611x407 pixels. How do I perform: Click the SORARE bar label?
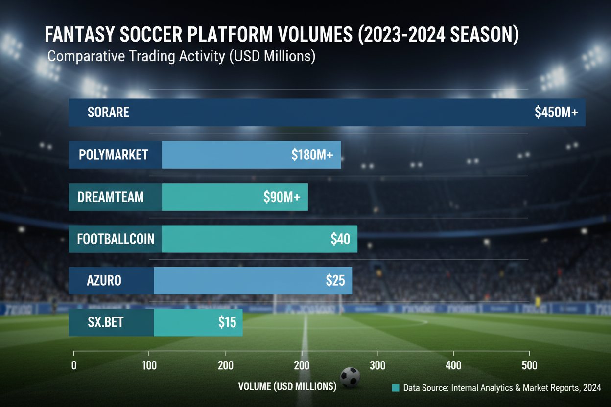tap(108, 113)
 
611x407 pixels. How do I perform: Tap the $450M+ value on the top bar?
tap(556, 113)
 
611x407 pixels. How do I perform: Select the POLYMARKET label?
tap(114, 155)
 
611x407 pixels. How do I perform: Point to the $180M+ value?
tap(312, 155)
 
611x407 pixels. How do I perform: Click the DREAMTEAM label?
tap(111, 197)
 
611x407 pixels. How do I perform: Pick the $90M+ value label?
tap(282, 197)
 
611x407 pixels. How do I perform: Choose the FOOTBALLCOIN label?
tap(116, 239)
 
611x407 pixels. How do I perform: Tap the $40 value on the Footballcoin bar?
tap(340, 239)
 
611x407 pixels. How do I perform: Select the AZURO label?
tap(104, 281)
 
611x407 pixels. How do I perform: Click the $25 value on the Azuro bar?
tap(335, 281)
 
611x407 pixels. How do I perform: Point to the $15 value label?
tap(227, 323)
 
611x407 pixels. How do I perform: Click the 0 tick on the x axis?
tap(74, 365)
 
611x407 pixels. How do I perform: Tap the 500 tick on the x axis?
tap(529, 365)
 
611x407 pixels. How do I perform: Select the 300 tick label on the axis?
tap(377, 365)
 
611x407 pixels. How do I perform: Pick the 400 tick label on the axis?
tap(453, 365)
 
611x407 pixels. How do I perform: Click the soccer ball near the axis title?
tap(350, 378)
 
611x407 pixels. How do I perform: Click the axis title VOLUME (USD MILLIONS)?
tap(287, 386)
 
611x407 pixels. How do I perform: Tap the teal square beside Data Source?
tap(396, 388)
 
